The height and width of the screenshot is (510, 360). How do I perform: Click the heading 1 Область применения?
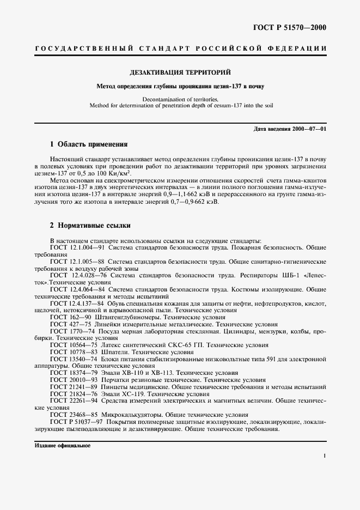pyautogui.click(x=88, y=145)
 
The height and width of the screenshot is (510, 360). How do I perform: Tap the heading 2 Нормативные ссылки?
pyautogui.click(x=90, y=225)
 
